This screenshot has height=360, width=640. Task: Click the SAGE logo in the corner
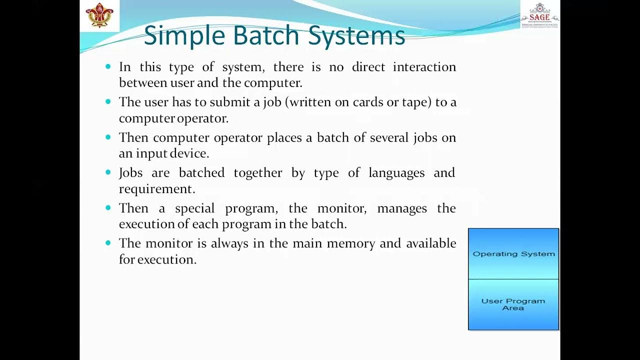[x=539, y=15]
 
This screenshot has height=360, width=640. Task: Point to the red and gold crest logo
[x=99, y=15]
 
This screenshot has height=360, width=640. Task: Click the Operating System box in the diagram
[x=513, y=254]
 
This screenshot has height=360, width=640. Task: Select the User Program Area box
[x=513, y=304]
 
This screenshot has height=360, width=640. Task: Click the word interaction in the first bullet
[x=424, y=67]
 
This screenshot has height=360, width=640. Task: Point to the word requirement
[x=156, y=189]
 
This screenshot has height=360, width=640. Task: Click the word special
[x=194, y=208]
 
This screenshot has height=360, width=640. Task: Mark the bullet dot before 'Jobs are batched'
[x=108, y=172]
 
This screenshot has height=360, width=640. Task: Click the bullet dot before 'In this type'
[x=108, y=66]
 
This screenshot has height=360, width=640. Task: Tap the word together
[x=257, y=173]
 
